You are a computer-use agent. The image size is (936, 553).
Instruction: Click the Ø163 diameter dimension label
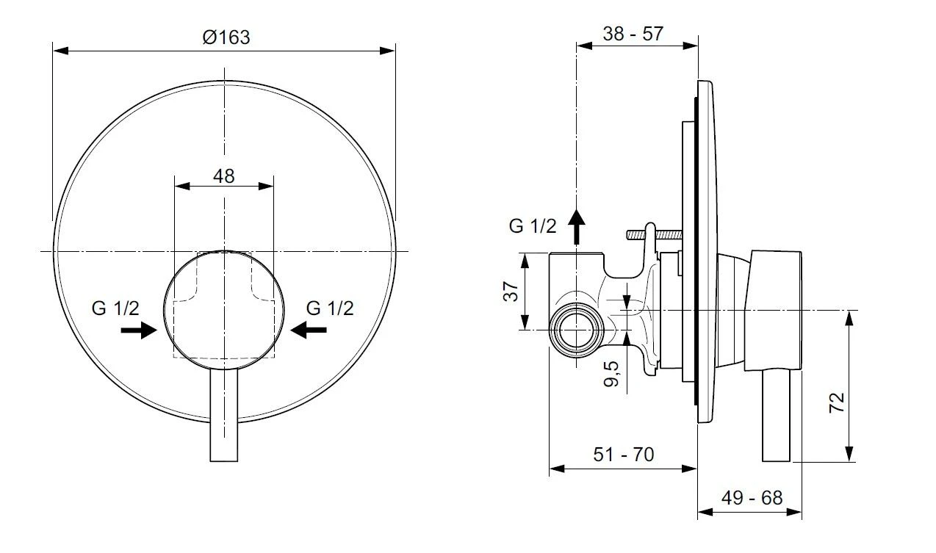click(x=226, y=37)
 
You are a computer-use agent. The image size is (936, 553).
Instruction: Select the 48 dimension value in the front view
click(x=223, y=176)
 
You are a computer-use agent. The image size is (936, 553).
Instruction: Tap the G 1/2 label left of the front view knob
click(x=115, y=308)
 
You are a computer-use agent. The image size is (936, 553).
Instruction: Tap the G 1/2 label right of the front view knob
click(x=330, y=308)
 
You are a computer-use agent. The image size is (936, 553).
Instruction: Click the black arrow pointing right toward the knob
click(x=138, y=331)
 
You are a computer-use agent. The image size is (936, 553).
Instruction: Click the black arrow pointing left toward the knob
click(x=309, y=331)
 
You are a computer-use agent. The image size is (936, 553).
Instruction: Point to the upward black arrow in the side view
click(x=577, y=225)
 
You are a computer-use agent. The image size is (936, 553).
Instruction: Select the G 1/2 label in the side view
click(x=533, y=226)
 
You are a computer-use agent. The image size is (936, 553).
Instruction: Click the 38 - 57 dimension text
click(x=633, y=33)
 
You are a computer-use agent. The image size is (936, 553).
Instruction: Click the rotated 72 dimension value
click(x=837, y=402)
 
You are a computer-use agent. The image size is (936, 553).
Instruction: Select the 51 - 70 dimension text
click(x=623, y=455)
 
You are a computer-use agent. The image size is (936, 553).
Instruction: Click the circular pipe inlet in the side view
click(x=576, y=329)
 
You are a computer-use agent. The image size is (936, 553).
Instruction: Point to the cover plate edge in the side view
click(x=705, y=250)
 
